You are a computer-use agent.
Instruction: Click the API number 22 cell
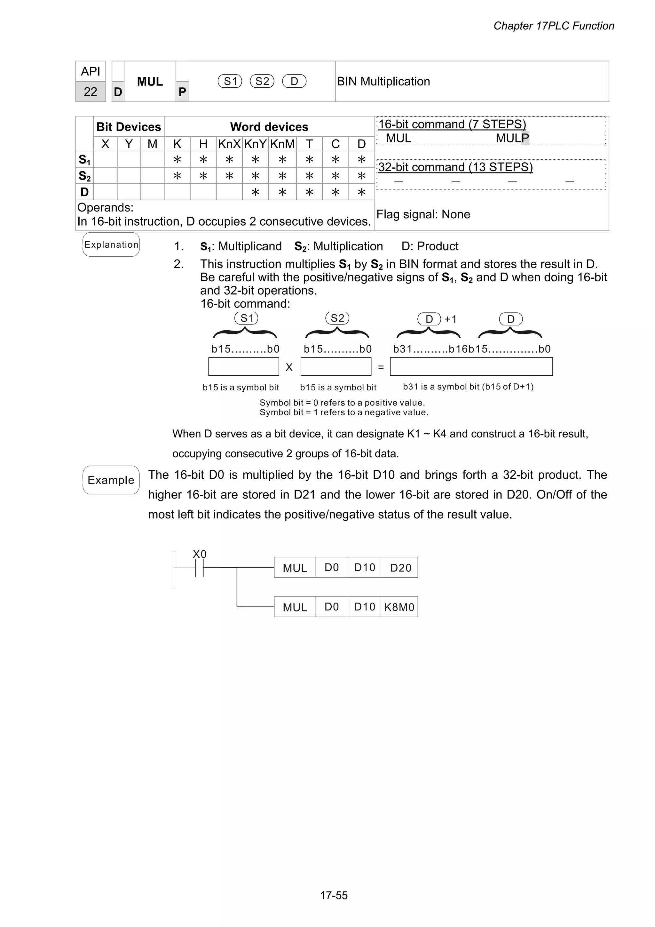[x=91, y=92]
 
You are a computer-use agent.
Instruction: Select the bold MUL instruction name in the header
[x=150, y=82]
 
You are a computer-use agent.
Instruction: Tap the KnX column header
[x=229, y=144]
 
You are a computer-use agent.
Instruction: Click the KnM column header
[x=282, y=144]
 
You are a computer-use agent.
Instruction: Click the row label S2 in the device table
[x=84, y=176]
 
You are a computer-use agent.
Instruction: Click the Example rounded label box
[x=111, y=480]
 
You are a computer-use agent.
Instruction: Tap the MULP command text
[x=512, y=138]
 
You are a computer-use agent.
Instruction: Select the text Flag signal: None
[x=423, y=214]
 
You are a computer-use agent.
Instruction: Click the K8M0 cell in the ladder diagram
[x=399, y=607]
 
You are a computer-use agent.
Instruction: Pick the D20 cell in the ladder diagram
[x=400, y=568]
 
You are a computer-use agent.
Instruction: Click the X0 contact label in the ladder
[x=199, y=554]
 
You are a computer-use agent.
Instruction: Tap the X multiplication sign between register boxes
[x=289, y=367]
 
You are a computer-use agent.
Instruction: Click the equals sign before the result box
[x=381, y=367]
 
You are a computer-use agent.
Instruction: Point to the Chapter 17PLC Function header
[x=553, y=26]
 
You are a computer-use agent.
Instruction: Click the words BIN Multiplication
[x=383, y=82]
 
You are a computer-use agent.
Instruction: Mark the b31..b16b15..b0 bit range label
[x=471, y=349]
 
